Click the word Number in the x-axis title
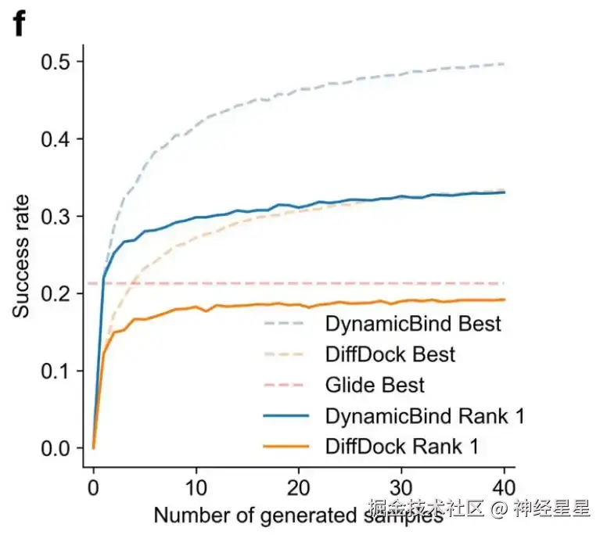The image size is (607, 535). (188, 515)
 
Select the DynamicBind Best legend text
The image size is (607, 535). (412, 324)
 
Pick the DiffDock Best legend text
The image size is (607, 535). (390, 354)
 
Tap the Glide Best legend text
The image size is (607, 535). (375, 385)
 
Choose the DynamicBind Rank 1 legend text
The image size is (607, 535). (423, 416)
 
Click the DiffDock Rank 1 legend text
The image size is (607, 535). (401, 447)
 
